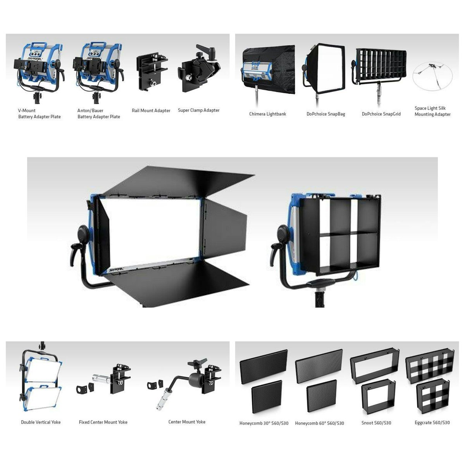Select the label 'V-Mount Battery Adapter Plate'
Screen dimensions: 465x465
tap(39, 114)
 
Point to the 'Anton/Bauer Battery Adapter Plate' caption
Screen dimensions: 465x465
tap(98, 114)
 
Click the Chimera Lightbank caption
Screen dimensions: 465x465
tap(267, 114)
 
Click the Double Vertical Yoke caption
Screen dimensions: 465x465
tap(41, 422)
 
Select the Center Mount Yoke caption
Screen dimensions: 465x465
tap(187, 422)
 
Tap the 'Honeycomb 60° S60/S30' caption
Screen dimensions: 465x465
tap(319, 423)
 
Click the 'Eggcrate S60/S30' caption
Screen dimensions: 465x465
tap(432, 423)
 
